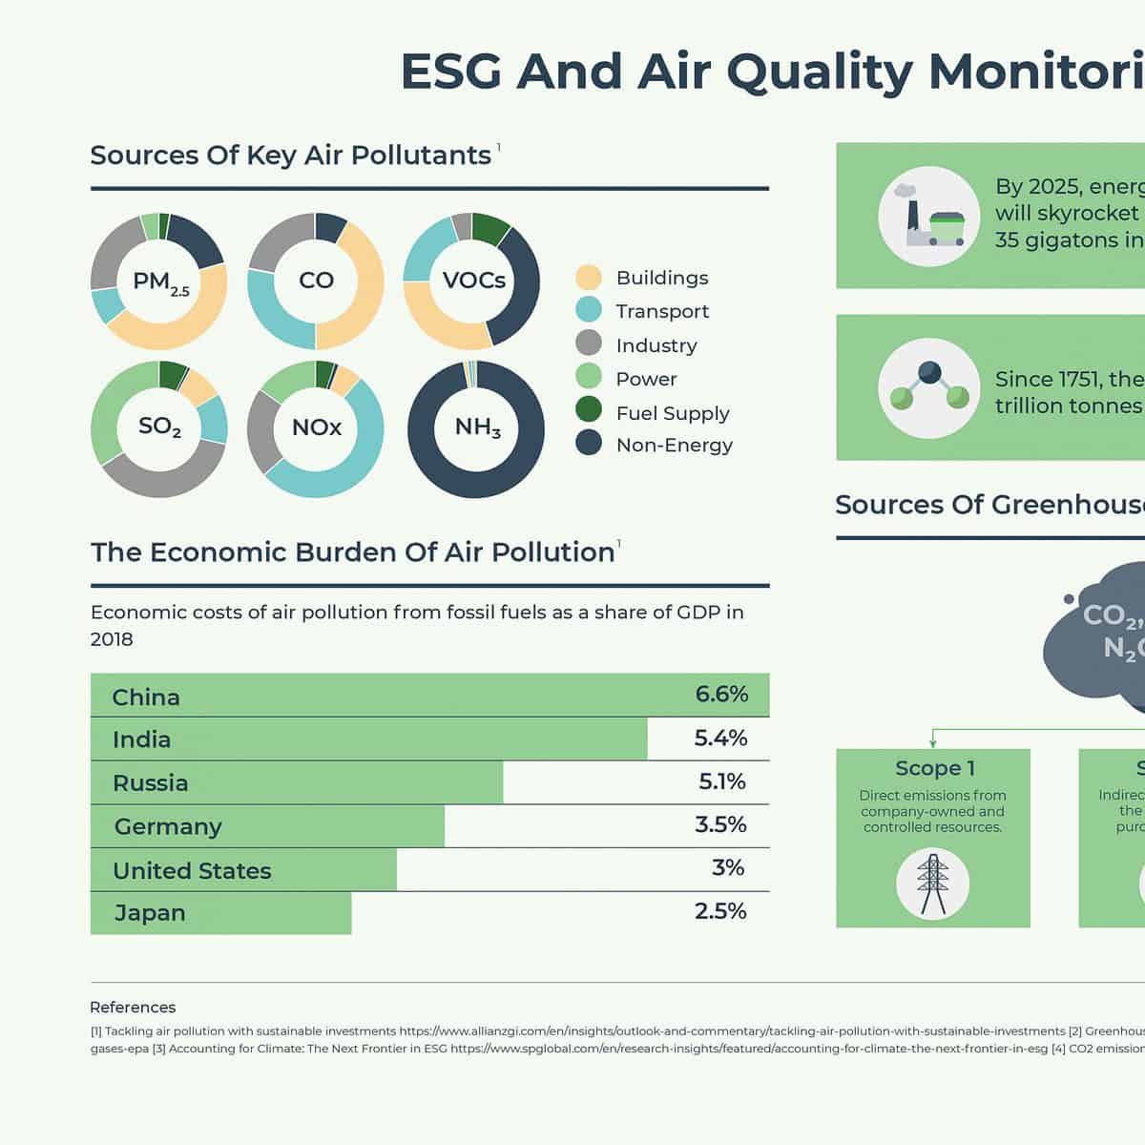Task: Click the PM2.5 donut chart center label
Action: (160, 282)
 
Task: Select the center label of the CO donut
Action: (316, 281)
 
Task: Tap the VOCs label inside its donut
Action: (473, 281)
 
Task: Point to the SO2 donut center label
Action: (159, 427)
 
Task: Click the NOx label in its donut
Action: (316, 427)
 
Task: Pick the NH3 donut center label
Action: (477, 427)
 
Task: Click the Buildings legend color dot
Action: (589, 278)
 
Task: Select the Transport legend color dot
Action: (589, 310)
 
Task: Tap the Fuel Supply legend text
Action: (672, 413)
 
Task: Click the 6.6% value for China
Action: (721, 695)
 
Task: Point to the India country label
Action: (141, 739)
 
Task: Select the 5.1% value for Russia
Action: (722, 782)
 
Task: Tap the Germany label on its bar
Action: (168, 826)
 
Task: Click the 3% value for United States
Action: (728, 868)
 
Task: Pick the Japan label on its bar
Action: (150, 913)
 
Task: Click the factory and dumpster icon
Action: (928, 217)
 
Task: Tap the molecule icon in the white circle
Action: (928, 387)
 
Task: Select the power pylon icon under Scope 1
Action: (932, 884)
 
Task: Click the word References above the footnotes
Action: (133, 1008)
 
